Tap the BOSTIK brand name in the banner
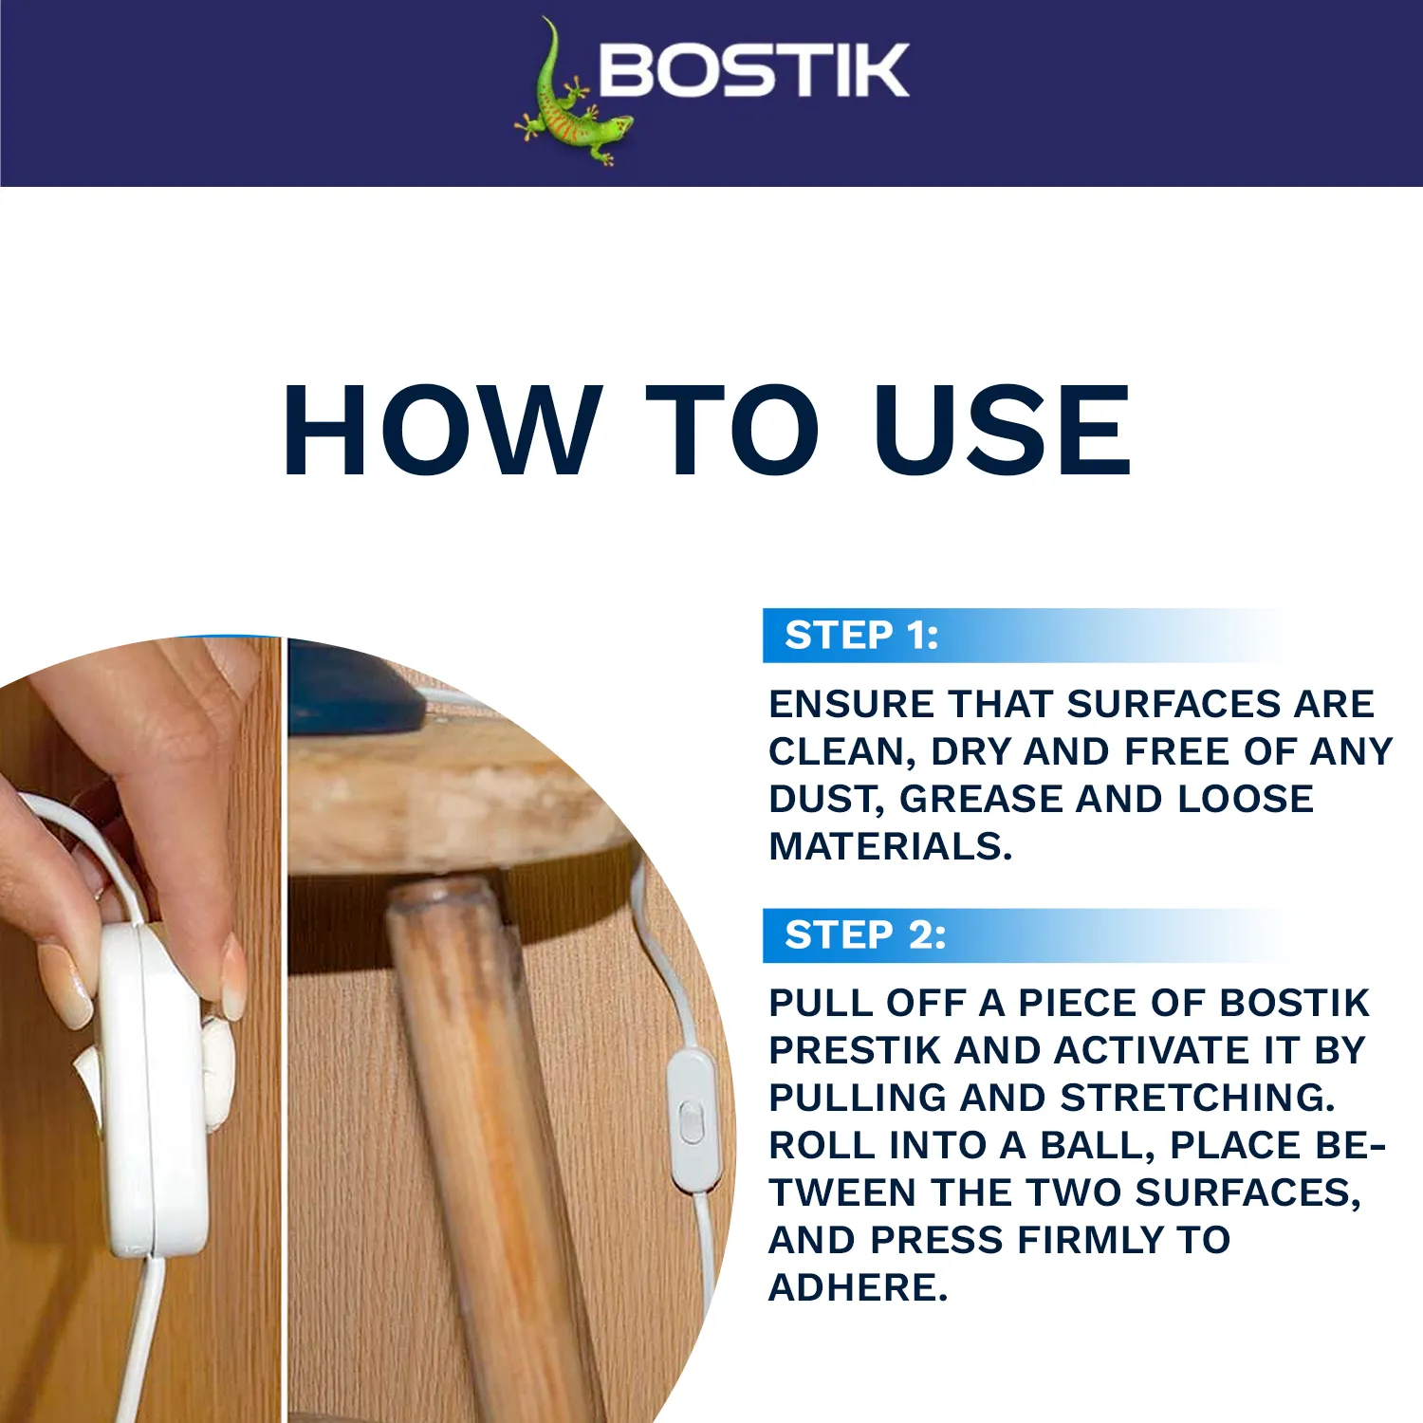(754, 70)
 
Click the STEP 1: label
(861, 636)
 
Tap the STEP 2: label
(865, 935)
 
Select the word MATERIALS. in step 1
(891, 846)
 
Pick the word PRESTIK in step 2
(857, 1050)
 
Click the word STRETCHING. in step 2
(1197, 1098)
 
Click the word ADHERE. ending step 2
(858, 1287)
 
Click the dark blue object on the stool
(351, 688)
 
